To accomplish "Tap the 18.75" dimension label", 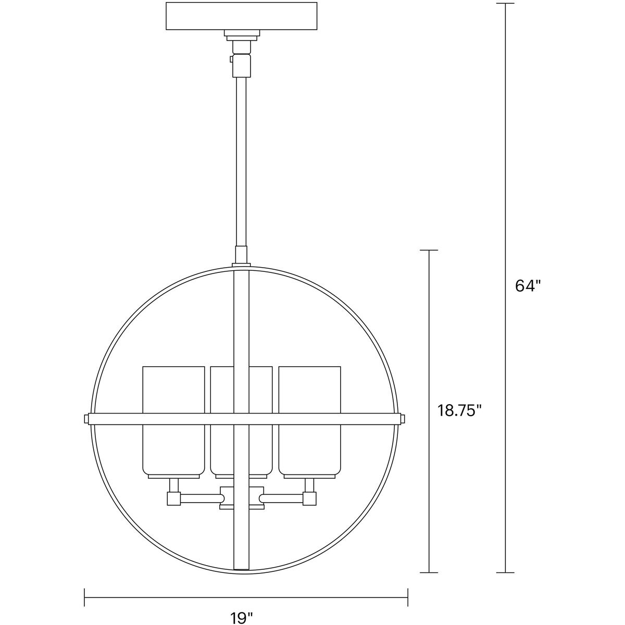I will tap(457, 411).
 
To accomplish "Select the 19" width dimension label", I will tap(242, 618).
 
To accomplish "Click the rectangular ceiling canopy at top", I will tap(241, 17).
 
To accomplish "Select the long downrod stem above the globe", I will tap(241, 161).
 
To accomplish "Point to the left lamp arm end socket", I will tap(173, 499).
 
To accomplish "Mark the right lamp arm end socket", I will tap(310, 499).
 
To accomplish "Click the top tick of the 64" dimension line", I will tap(505, 4).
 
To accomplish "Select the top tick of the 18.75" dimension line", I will tap(429, 251).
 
